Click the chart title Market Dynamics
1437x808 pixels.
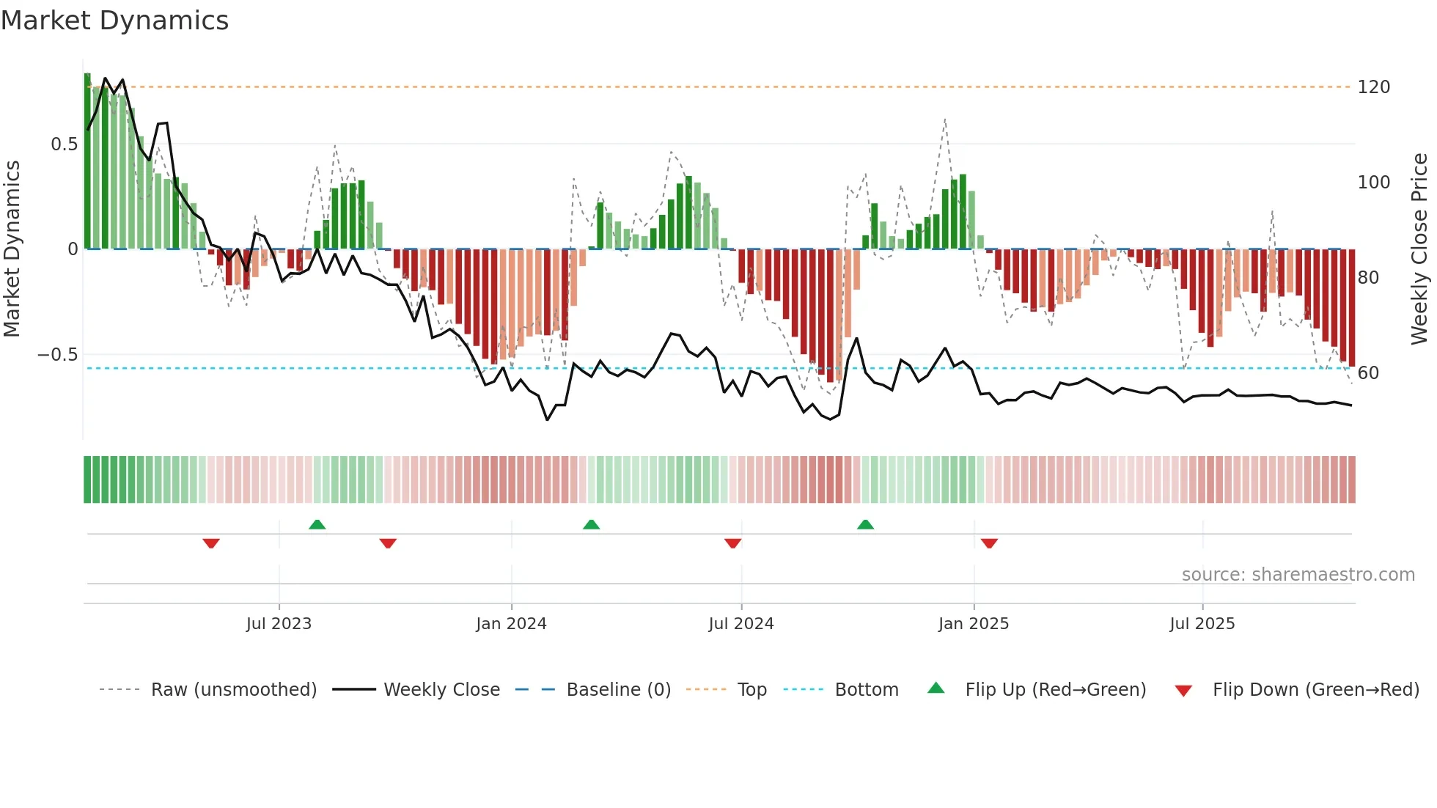pyautogui.click(x=115, y=21)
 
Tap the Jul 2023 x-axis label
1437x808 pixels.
pyautogui.click(x=279, y=624)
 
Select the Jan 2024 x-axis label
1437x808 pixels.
pyautogui.click(x=511, y=624)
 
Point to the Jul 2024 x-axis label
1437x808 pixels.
pyautogui.click(x=741, y=624)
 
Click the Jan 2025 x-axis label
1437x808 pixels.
pyautogui.click(x=974, y=624)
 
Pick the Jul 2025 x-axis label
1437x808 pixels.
pyautogui.click(x=1202, y=624)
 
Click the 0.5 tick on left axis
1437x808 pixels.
pyautogui.click(x=65, y=144)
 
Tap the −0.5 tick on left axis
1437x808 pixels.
pyautogui.click(x=58, y=355)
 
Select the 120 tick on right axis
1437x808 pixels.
pyautogui.click(x=1373, y=87)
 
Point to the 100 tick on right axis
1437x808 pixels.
pyautogui.click(x=1373, y=183)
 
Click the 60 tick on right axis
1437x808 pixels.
pyautogui.click(x=1368, y=373)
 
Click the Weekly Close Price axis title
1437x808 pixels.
pyautogui.click(x=1420, y=249)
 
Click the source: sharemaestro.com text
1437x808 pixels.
pyautogui.click(x=1298, y=575)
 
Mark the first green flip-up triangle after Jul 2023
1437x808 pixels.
pyautogui.click(x=317, y=525)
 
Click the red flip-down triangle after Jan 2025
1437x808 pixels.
pyautogui.click(x=989, y=543)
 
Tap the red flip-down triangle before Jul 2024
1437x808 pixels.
pyautogui.click(x=732, y=543)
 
